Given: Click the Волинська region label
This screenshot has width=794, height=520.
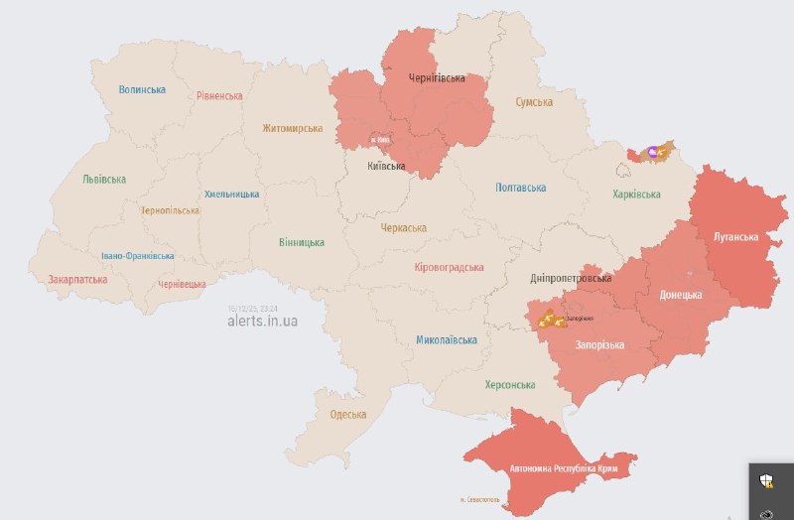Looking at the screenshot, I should click(x=142, y=89).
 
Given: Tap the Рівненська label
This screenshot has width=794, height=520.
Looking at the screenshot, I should click(x=219, y=96).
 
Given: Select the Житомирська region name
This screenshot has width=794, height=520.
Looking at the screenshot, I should click(x=293, y=128).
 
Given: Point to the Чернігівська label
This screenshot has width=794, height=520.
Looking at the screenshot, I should click(x=437, y=77).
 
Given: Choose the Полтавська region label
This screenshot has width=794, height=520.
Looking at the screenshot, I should click(x=521, y=188).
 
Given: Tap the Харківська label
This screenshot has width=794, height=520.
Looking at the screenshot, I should click(x=638, y=194).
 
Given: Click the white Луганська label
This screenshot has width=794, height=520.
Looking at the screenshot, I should click(x=736, y=237).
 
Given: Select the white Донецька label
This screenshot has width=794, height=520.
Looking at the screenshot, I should click(x=681, y=295).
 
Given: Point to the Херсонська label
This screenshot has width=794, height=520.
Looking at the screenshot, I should click(x=510, y=385).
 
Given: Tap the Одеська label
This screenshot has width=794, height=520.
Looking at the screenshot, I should click(x=348, y=414).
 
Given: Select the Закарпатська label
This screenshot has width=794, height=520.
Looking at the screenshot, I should click(x=77, y=280).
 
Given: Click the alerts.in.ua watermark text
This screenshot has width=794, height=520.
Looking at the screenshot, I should click(x=262, y=322).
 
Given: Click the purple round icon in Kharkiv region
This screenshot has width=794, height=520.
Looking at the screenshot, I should click(x=652, y=152).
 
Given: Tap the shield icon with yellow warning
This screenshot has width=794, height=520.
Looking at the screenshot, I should click(x=766, y=482).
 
